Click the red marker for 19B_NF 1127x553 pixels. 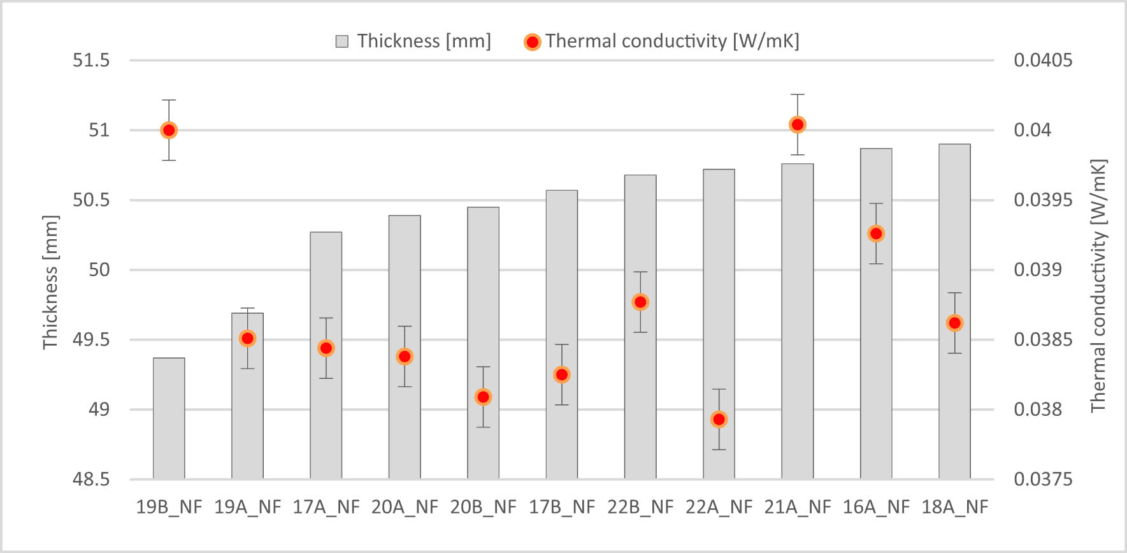pyautogui.click(x=169, y=130)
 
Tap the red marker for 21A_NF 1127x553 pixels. pyautogui.click(x=797, y=124)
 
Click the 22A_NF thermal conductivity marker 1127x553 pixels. pyautogui.click(x=719, y=419)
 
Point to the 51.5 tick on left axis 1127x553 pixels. pyautogui.click(x=91, y=61)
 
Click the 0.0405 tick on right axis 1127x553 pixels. pyautogui.click(x=1043, y=61)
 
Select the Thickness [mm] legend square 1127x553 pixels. pyautogui.click(x=342, y=42)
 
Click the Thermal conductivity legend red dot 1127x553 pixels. pyautogui.click(x=532, y=42)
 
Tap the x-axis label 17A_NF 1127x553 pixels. pyautogui.click(x=326, y=507)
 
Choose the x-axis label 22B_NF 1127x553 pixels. pyautogui.click(x=640, y=507)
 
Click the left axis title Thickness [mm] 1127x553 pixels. pyautogui.click(x=50, y=282)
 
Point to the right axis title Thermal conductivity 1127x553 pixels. pyautogui.click(x=1098, y=286)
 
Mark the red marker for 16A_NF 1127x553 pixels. pyautogui.click(x=876, y=233)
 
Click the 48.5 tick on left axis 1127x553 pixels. pyautogui.click(x=91, y=479)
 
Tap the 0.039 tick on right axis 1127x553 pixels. pyautogui.click(x=1038, y=270)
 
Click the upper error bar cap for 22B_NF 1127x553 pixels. pyautogui.click(x=640, y=272)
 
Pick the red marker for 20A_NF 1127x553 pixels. pyautogui.click(x=405, y=357)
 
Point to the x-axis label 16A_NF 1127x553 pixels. pyautogui.click(x=876, y=507)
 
